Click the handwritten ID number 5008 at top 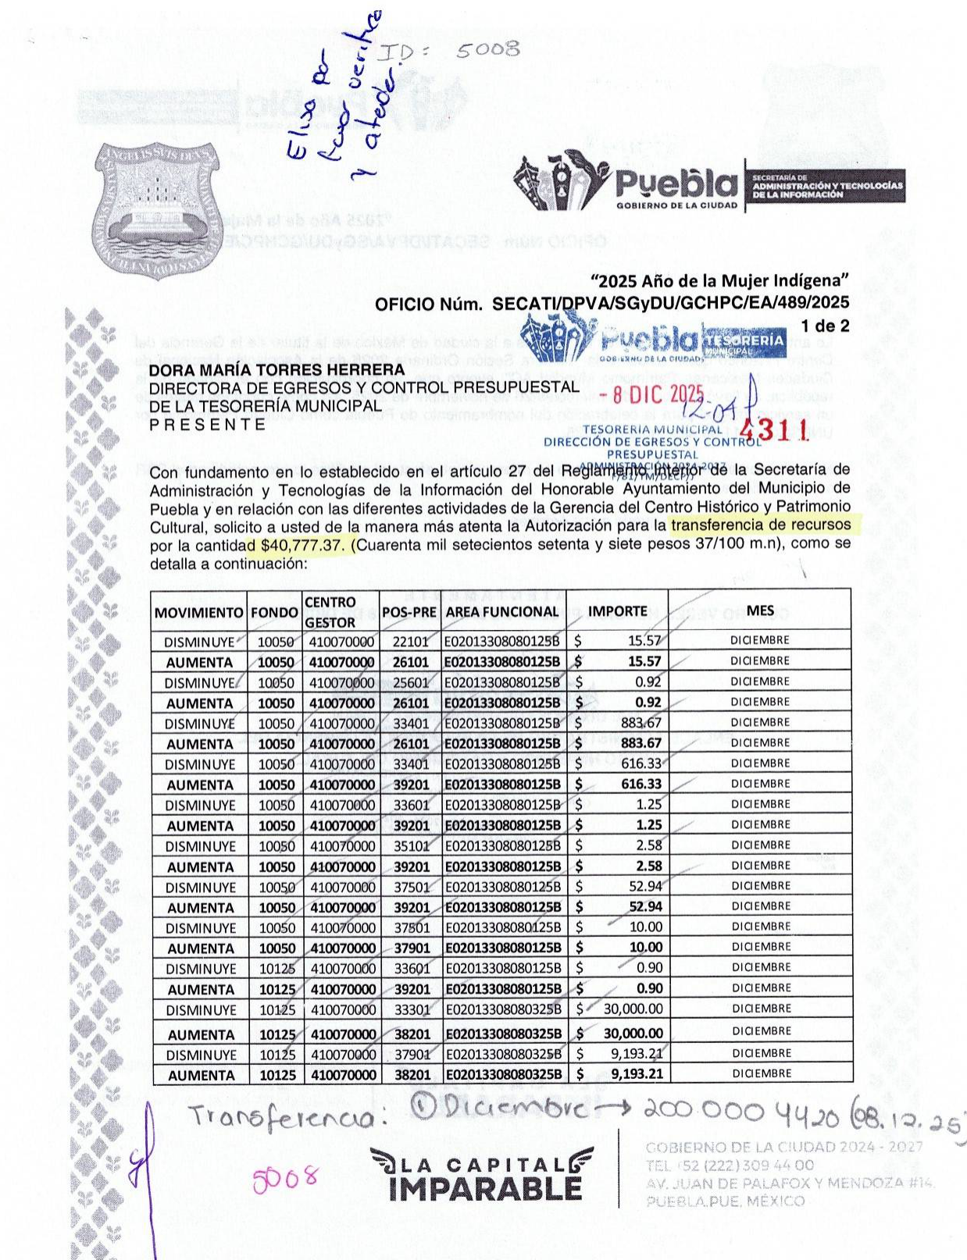(x=488, y=50)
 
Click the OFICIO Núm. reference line (x=612, y=304)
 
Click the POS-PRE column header (x=409, y=612)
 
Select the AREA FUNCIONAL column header (x=502, y=612)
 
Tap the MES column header (x=760, y=610)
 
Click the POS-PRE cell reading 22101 (x=410, y=642)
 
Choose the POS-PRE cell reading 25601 (x=410, y=682)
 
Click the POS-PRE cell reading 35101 (x=411, y=845)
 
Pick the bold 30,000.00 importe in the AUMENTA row (x=633, y=1034)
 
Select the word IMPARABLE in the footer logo (x=485, y=1189)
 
